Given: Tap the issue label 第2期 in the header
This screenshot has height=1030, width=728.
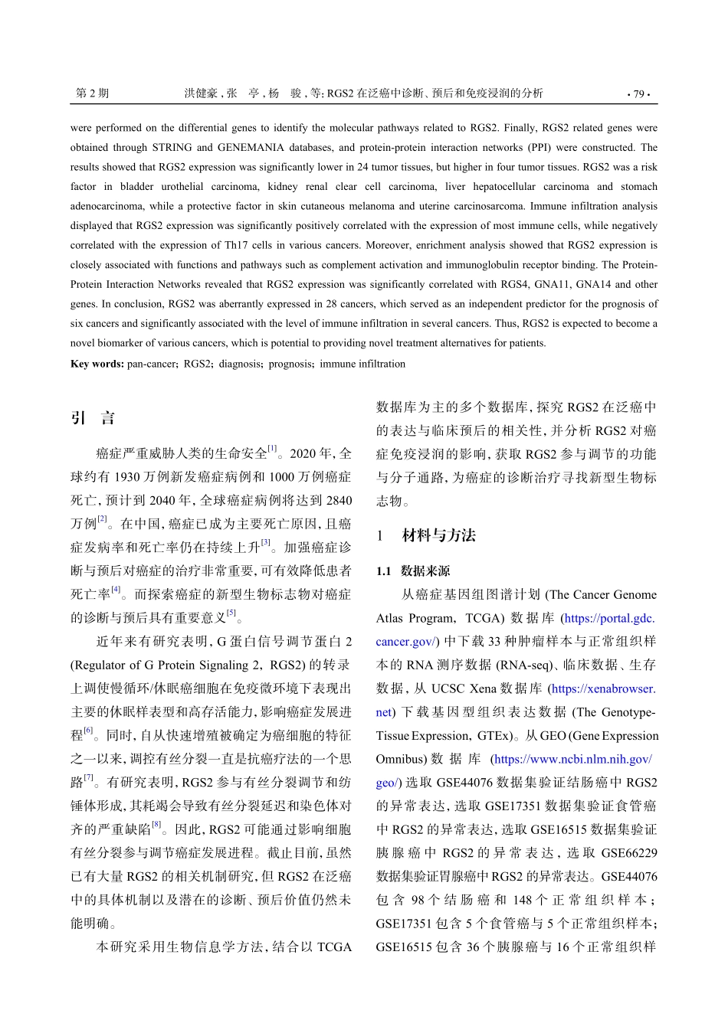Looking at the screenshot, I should (x=92, y=93).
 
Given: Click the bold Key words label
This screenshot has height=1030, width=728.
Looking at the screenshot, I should (x=97, y=364).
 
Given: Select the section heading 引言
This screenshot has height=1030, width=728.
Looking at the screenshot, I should (x=93, y=418).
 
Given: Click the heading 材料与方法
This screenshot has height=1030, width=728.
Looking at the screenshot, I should (x=438, y=535).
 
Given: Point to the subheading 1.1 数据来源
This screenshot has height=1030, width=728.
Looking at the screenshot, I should (x=413, y=571).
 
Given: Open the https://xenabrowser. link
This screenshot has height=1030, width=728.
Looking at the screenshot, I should (x=603, y=689).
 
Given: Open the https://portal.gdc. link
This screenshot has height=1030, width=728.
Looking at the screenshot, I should (x=609, y=619).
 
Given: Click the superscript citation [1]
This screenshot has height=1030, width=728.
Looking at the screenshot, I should (x=272, y=449).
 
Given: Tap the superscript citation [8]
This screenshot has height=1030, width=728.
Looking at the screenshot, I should (x=156, y=825).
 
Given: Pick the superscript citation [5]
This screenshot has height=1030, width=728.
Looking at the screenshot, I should (x=231, y=613).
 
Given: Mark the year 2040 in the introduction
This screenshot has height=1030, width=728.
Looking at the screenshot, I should (x=162, y=501).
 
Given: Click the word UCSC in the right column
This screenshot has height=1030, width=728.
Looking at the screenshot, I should (x=448, y=689).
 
